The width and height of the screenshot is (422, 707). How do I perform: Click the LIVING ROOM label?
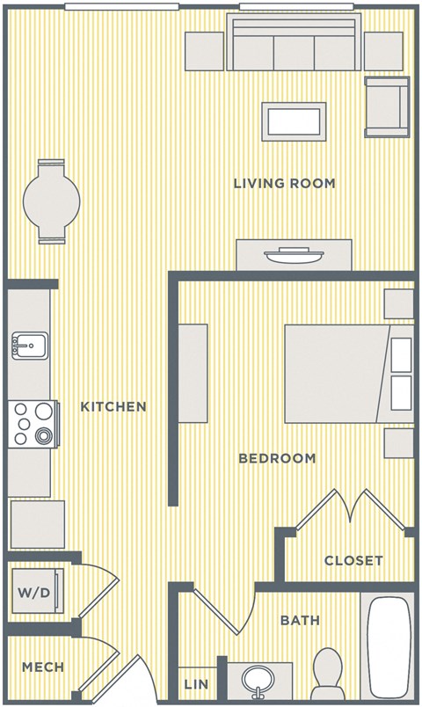(x=284, y=184)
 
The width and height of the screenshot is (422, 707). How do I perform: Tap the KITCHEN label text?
(x=113, y=406)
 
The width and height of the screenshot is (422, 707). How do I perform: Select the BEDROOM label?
(x=277, y=458)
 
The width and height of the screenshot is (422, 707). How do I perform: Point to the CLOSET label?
(x=353, y=560)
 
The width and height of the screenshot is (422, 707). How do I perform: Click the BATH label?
(x=300, y=621)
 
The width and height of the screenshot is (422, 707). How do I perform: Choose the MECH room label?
(x=43, y=667)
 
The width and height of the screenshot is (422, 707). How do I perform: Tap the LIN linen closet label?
(x=195, y=684)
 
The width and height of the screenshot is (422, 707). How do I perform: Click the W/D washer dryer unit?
(x=34, y=592)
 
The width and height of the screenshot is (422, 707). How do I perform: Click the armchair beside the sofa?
(x=386, y=106)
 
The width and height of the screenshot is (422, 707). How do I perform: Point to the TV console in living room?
(x=293, y=255)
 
